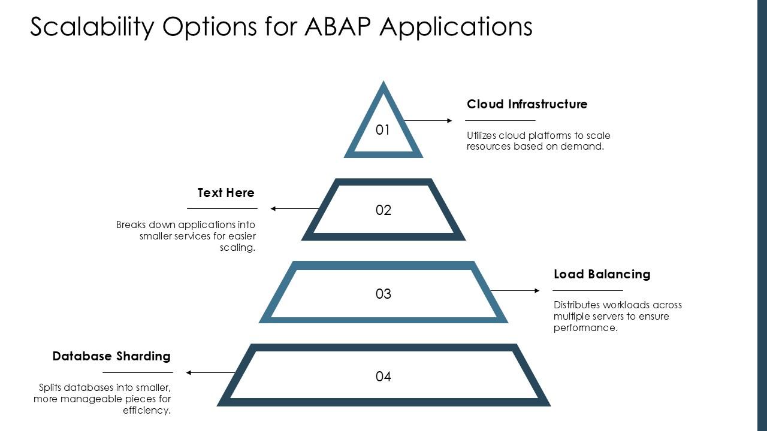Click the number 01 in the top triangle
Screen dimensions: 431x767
point(383,130)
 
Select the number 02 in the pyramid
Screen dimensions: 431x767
point(383,210)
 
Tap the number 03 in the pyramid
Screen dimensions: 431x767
point(383,294)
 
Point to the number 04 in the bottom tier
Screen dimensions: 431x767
point(383,377)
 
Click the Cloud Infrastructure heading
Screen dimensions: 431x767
point(527,104)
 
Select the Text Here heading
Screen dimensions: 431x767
point(226,193)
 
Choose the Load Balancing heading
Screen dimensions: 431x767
point(602,274)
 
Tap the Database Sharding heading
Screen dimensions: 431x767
point(111,356)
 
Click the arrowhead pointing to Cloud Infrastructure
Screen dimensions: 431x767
point(449,120)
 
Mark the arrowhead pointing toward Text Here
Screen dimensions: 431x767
point(274,208)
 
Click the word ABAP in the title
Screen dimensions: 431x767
point(338,27)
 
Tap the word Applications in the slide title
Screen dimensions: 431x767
point(456,27)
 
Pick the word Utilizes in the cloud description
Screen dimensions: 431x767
point(481,135)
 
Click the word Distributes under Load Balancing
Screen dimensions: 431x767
point(576,305)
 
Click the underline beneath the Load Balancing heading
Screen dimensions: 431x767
point(587,290)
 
